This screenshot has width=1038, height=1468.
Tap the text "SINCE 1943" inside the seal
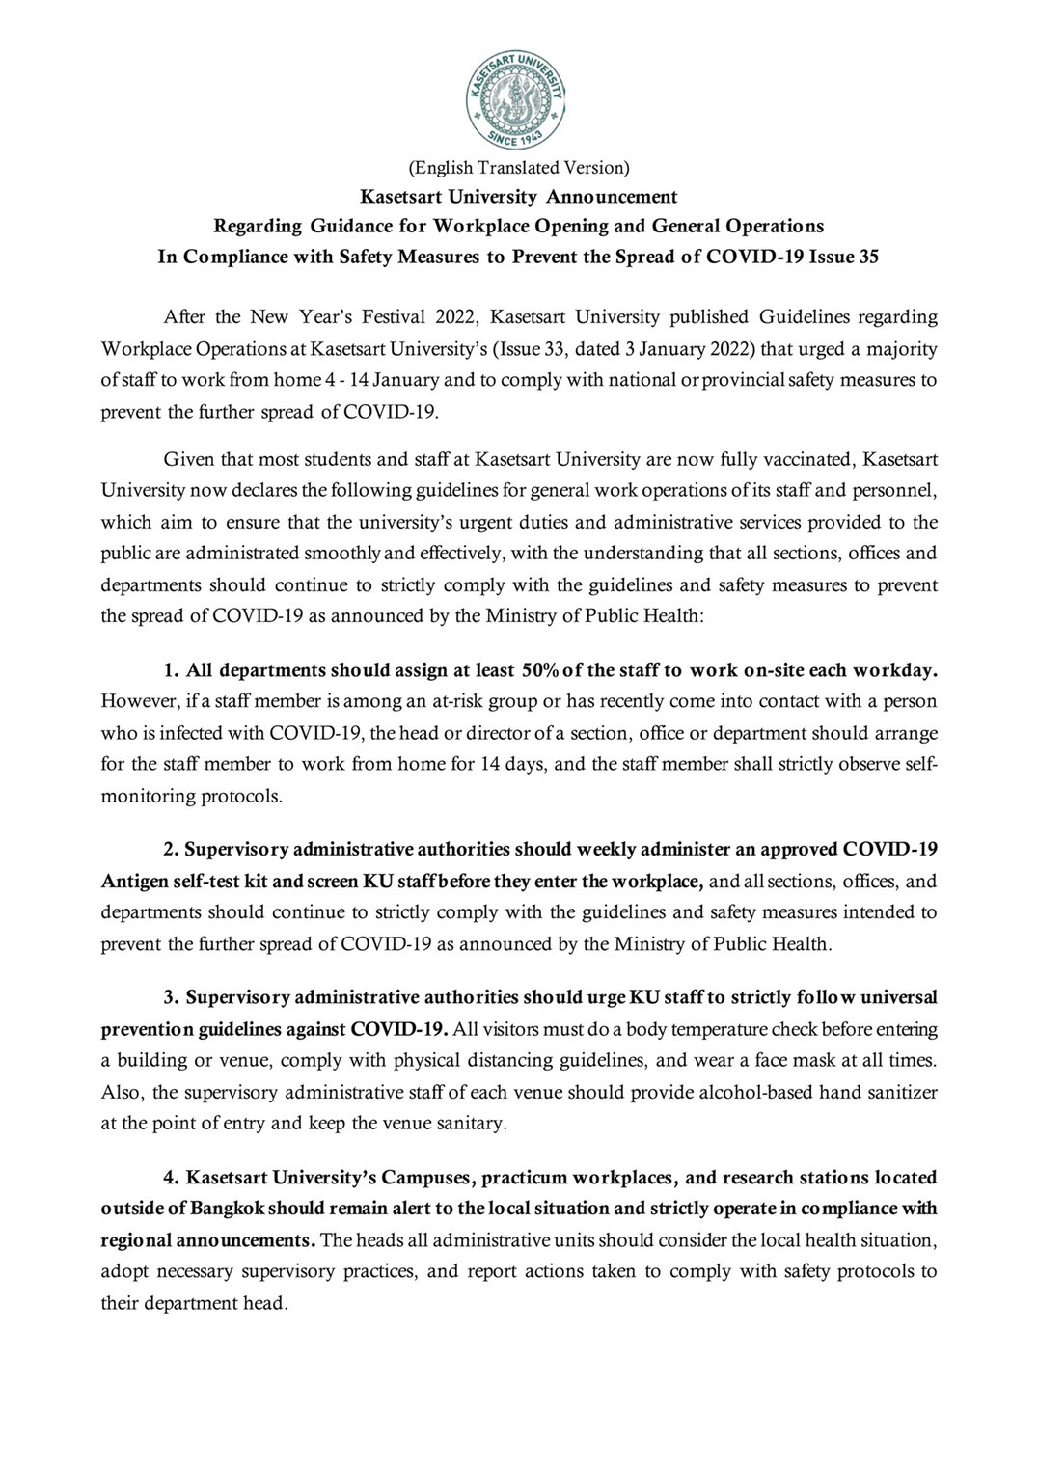tap(517, 136)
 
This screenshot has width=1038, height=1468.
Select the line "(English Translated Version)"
tap(519, 168)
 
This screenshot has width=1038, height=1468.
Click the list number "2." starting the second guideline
tap(171, 850)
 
